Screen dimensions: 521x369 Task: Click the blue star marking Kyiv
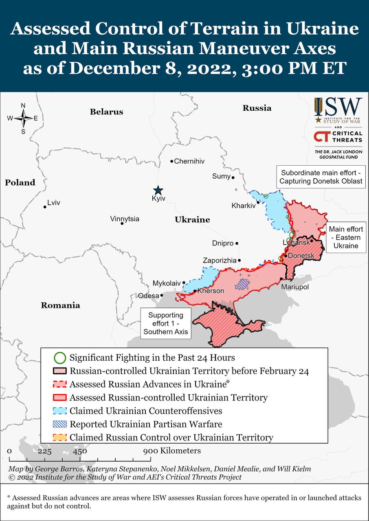[158, 190]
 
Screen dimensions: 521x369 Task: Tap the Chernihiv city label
[189, 161]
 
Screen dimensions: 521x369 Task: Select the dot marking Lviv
[45, 207]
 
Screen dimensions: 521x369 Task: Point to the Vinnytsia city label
[124, 219]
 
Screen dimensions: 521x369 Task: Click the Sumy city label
[221, 176]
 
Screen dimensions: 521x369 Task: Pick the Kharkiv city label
[243, 206]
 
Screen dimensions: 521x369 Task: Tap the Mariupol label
[295, 287]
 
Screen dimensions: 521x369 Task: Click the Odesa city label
[148, 296]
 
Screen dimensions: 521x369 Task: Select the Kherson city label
[211, 291]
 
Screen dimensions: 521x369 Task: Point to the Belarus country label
[106, 112]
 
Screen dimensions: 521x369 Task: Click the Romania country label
[60, 305]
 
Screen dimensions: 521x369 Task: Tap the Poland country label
[20, 183]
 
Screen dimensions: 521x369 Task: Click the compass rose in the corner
[23, 118]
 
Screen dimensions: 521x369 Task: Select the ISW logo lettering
[338, 107]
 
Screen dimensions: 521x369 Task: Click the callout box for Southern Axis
[165, 324]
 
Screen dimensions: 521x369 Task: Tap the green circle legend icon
[60, 358]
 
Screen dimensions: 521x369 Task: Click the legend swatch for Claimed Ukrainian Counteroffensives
[60, 411]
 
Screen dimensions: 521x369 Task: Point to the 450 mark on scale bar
[80, 451]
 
